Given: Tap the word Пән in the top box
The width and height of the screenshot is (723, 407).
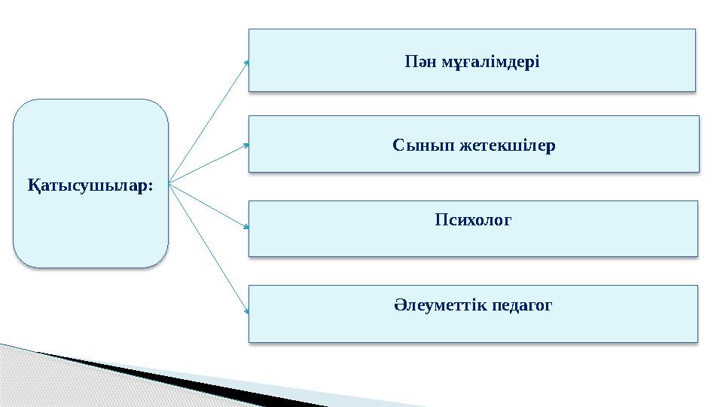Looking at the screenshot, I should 419,60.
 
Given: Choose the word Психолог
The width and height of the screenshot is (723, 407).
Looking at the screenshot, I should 473,221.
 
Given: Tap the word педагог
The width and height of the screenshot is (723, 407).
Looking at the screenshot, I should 522,306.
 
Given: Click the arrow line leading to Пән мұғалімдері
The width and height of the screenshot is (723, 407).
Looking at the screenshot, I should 209,121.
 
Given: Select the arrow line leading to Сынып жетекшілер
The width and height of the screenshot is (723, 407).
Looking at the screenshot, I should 209,163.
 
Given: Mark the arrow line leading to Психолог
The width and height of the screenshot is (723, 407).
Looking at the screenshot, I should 209,204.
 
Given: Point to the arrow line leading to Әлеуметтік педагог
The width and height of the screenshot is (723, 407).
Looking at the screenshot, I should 209,246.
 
